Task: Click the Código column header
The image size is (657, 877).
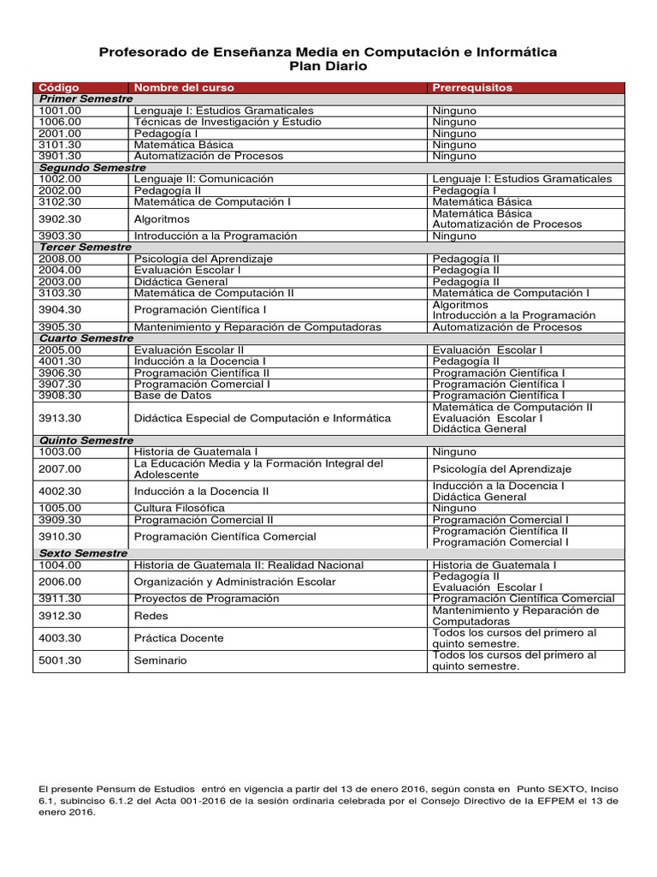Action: (x=57, y=87)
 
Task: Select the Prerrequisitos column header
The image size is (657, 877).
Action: (x=472, y=87)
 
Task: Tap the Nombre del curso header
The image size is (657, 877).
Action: (x=184, y=87)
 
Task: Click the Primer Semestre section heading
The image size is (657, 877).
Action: (x=86, y=99)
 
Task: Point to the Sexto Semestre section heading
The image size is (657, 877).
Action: (x=84, y=553)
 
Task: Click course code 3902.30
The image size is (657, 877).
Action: (x=60, y=218)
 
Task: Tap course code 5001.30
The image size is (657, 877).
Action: (x=60, y=660)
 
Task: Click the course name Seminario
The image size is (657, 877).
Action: (x=160, y=660)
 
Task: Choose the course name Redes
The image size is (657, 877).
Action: (x=151, y=615)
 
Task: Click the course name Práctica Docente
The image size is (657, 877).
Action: (x=179, y=638)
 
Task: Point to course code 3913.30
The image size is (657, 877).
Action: (x=60, y=417)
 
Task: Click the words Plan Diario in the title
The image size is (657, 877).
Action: (x=328, y=67)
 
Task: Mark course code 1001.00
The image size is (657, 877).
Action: (x=60, y=110)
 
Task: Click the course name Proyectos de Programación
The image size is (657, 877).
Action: (x=206, y=598)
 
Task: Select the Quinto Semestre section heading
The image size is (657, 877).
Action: (x=86, y=440)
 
